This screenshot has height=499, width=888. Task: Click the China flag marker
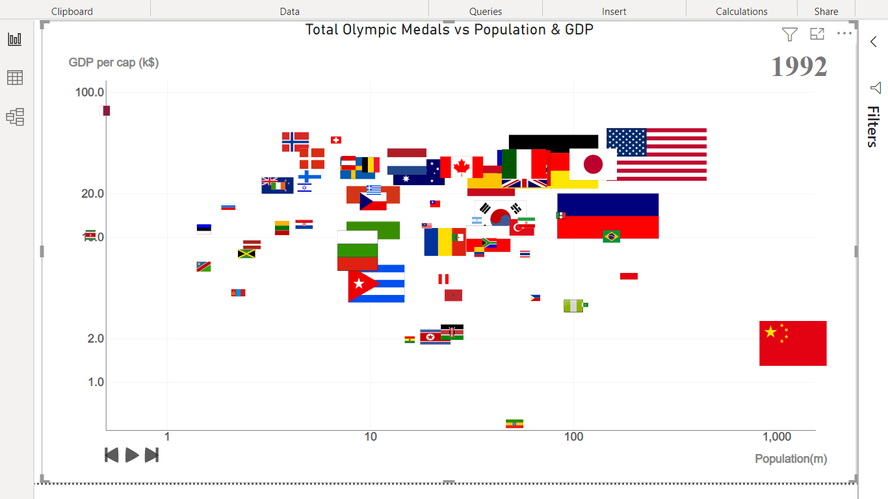click(792, 343)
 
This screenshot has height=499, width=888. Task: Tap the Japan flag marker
click(593, 164)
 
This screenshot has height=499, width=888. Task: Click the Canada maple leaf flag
click(461, 167)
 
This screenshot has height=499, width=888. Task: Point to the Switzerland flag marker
click(336, 140)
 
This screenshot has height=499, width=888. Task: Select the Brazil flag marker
click(611, 237)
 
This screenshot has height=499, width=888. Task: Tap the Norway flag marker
click(295, 142)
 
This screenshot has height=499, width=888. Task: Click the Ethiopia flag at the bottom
click(514, 424)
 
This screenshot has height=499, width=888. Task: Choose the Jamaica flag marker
click(246, 254)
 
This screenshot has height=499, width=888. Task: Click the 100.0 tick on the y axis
click(90, 92)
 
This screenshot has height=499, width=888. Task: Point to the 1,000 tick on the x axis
click(777, 437)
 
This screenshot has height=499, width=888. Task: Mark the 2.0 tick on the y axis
click(96, 339)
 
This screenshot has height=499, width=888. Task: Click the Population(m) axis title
click(790, 459)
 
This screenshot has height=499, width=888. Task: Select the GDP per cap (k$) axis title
click(114, 63)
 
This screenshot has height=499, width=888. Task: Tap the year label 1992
click(799, 66)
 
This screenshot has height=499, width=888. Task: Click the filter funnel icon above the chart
click(789, 34)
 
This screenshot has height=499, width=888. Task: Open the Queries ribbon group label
click(486, 11)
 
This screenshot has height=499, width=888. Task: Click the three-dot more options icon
click(844, 34)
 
